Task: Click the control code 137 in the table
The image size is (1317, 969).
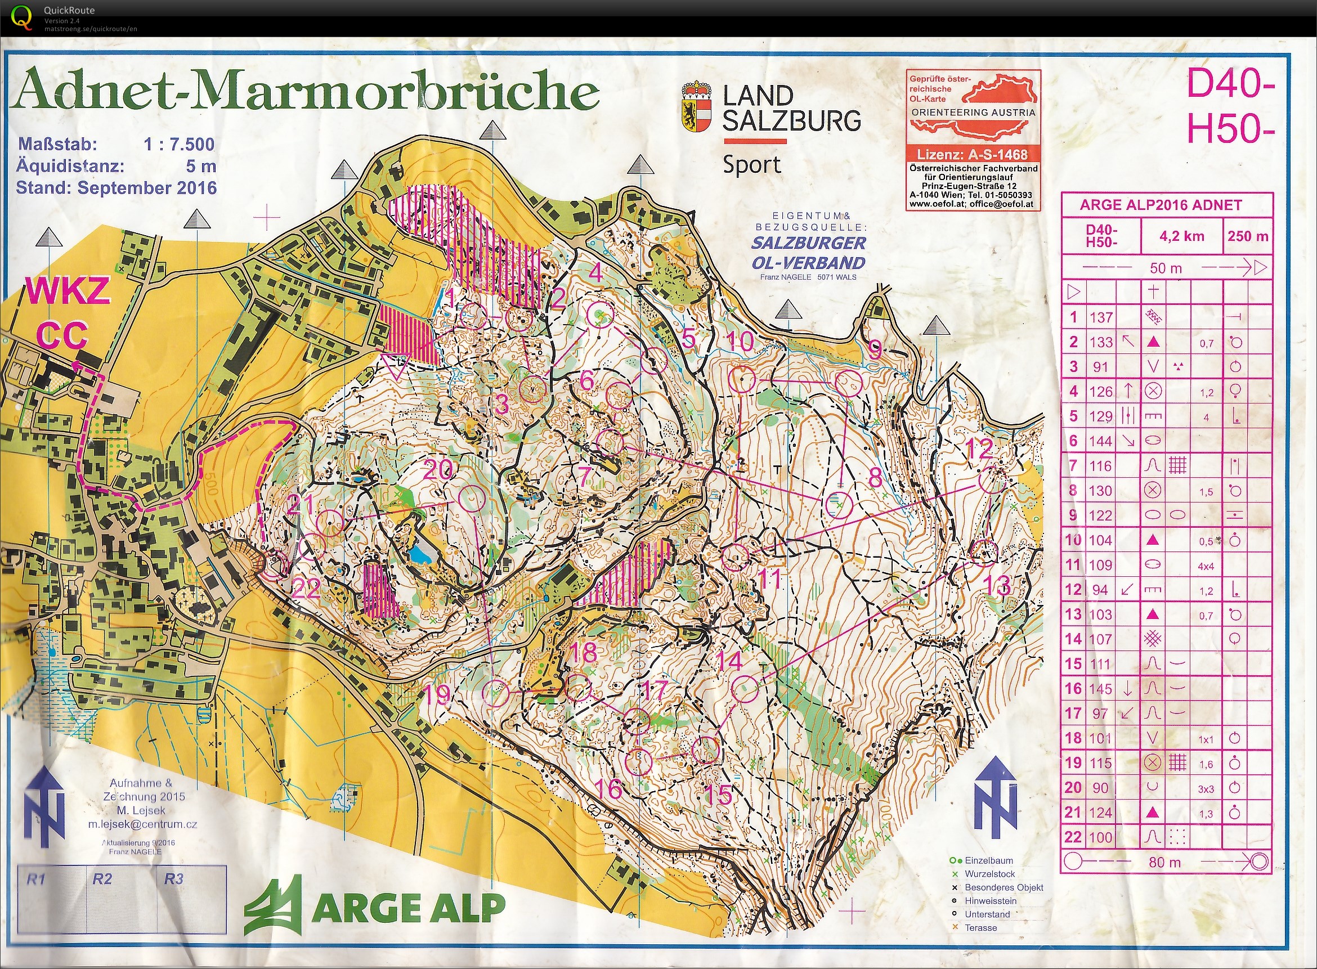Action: (x=1101, y=317)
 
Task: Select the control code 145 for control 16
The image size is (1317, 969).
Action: (x=1101, y=689)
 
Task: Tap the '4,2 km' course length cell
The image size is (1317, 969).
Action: (x=1181, y=236)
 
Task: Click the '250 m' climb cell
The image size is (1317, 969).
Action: (x=1248, y=236)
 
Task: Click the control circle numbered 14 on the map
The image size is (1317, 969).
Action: (x=746, y=688)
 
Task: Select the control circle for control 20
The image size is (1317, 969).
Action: (x=471, y=499)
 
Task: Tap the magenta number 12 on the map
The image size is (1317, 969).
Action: (x=979, y=449)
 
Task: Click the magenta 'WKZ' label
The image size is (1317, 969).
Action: (x=67, y=291)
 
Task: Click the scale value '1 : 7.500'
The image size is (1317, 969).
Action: (x=179, y=144)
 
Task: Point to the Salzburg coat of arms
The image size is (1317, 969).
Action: (x=696, y=107)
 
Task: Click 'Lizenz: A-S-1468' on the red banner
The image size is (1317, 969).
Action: (x=972, y=155)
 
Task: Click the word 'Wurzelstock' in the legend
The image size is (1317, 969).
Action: (x=990, y=874)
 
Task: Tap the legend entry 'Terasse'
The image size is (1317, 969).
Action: (x=980, y=927)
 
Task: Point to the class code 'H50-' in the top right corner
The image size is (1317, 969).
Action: (x=1230, y=128)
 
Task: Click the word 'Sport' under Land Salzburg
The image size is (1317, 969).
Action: (x=751, y=165)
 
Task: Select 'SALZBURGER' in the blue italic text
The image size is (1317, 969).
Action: (x=808, y=243)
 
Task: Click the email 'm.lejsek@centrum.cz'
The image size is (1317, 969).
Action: (x=142, y=824)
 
